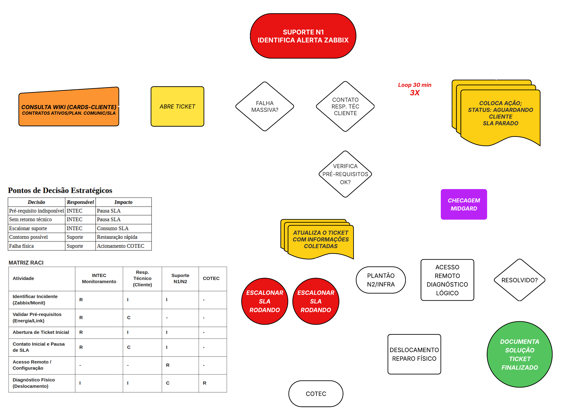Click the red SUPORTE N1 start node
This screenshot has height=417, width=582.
coord(303,36)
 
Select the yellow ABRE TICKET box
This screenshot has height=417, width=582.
coord(177,107)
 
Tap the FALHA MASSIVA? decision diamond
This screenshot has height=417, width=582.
coord(265,107)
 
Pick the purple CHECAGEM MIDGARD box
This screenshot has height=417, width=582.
coord(464,204)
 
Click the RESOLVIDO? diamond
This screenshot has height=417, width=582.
coord(519,280)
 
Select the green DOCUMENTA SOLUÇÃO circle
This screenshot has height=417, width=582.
coord(519,354)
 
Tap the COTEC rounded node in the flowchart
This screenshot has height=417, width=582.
coord(316,394)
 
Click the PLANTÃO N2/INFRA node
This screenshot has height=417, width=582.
coord(381,280)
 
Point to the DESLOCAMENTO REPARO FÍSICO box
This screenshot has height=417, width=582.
coord(414,354)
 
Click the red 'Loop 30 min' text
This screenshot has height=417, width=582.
coord(414,85)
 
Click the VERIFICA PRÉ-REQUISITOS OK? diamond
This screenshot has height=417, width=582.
coord(345,174)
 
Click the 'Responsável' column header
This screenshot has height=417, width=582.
coord(80,202)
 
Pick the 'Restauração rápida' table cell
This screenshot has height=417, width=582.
coord(117,237)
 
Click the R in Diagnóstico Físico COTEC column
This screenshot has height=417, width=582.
coord(205,383)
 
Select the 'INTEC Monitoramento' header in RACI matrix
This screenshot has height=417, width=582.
coord(99,278)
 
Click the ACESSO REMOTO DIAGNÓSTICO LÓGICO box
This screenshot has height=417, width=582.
coord(447,280)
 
